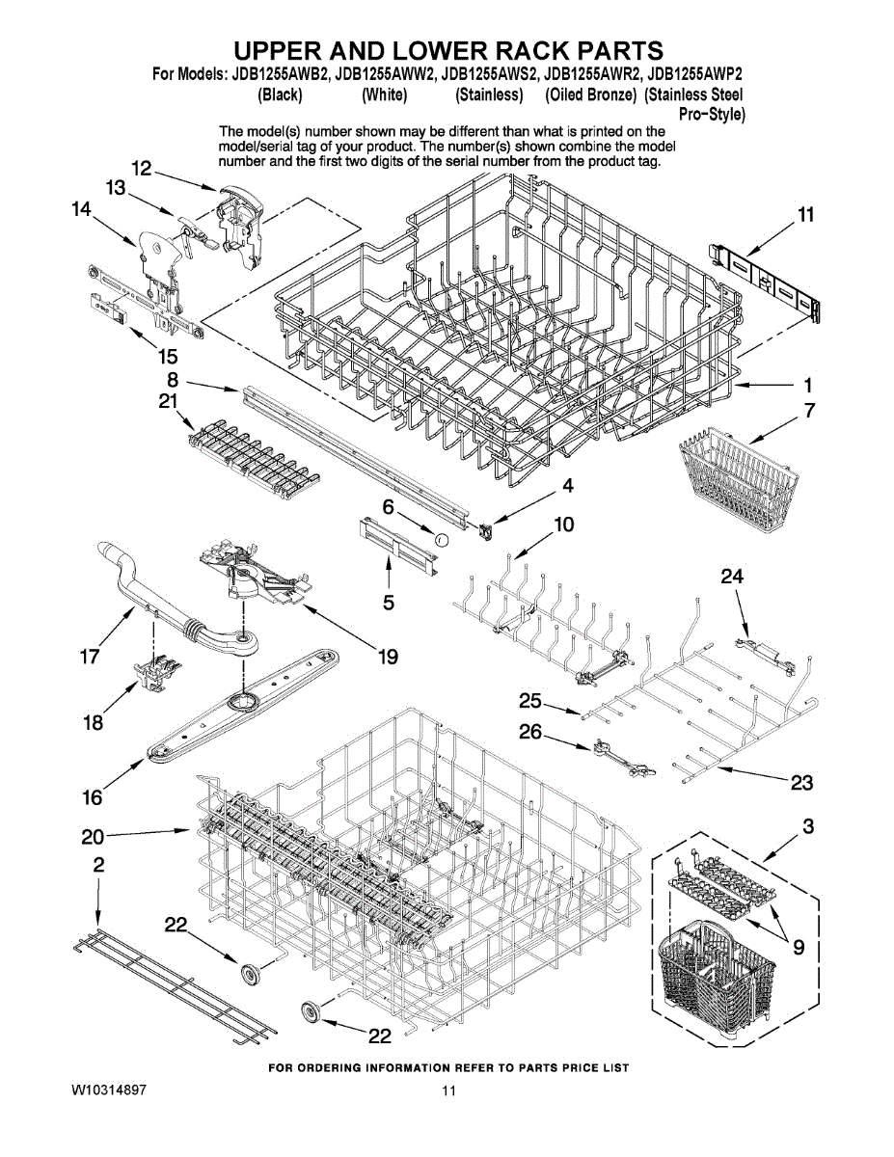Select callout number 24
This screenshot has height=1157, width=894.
[x=733, y=577]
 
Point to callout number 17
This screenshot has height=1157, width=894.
[x=90, y=659]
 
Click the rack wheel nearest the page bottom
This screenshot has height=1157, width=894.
[x=312, y=1010]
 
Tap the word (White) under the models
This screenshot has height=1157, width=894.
[x=384, y=94]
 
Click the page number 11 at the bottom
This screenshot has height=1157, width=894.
[x=447, y=1091]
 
